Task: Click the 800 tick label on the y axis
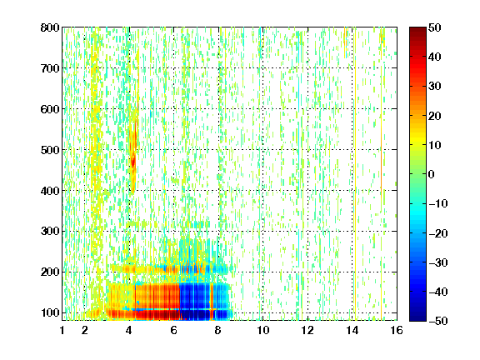coord(50,27)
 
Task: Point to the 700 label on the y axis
coord(50,68)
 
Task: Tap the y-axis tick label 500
coord(50,150)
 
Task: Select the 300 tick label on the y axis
coord(50,232)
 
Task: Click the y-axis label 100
coord(50,312)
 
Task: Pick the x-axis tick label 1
coord(62,330)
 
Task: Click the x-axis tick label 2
coord(85,330)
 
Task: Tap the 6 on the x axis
coord(174,330)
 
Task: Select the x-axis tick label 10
coord(263,330)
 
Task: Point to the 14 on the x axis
coord(352,330)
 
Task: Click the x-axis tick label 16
coord(397,330)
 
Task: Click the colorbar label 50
coord(435,27)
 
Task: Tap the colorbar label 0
coord(432,174)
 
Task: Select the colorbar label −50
coord(437,321)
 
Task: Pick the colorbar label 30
coord(435,87)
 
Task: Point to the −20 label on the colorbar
coord(437,233)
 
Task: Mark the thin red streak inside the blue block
coord(212,302)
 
